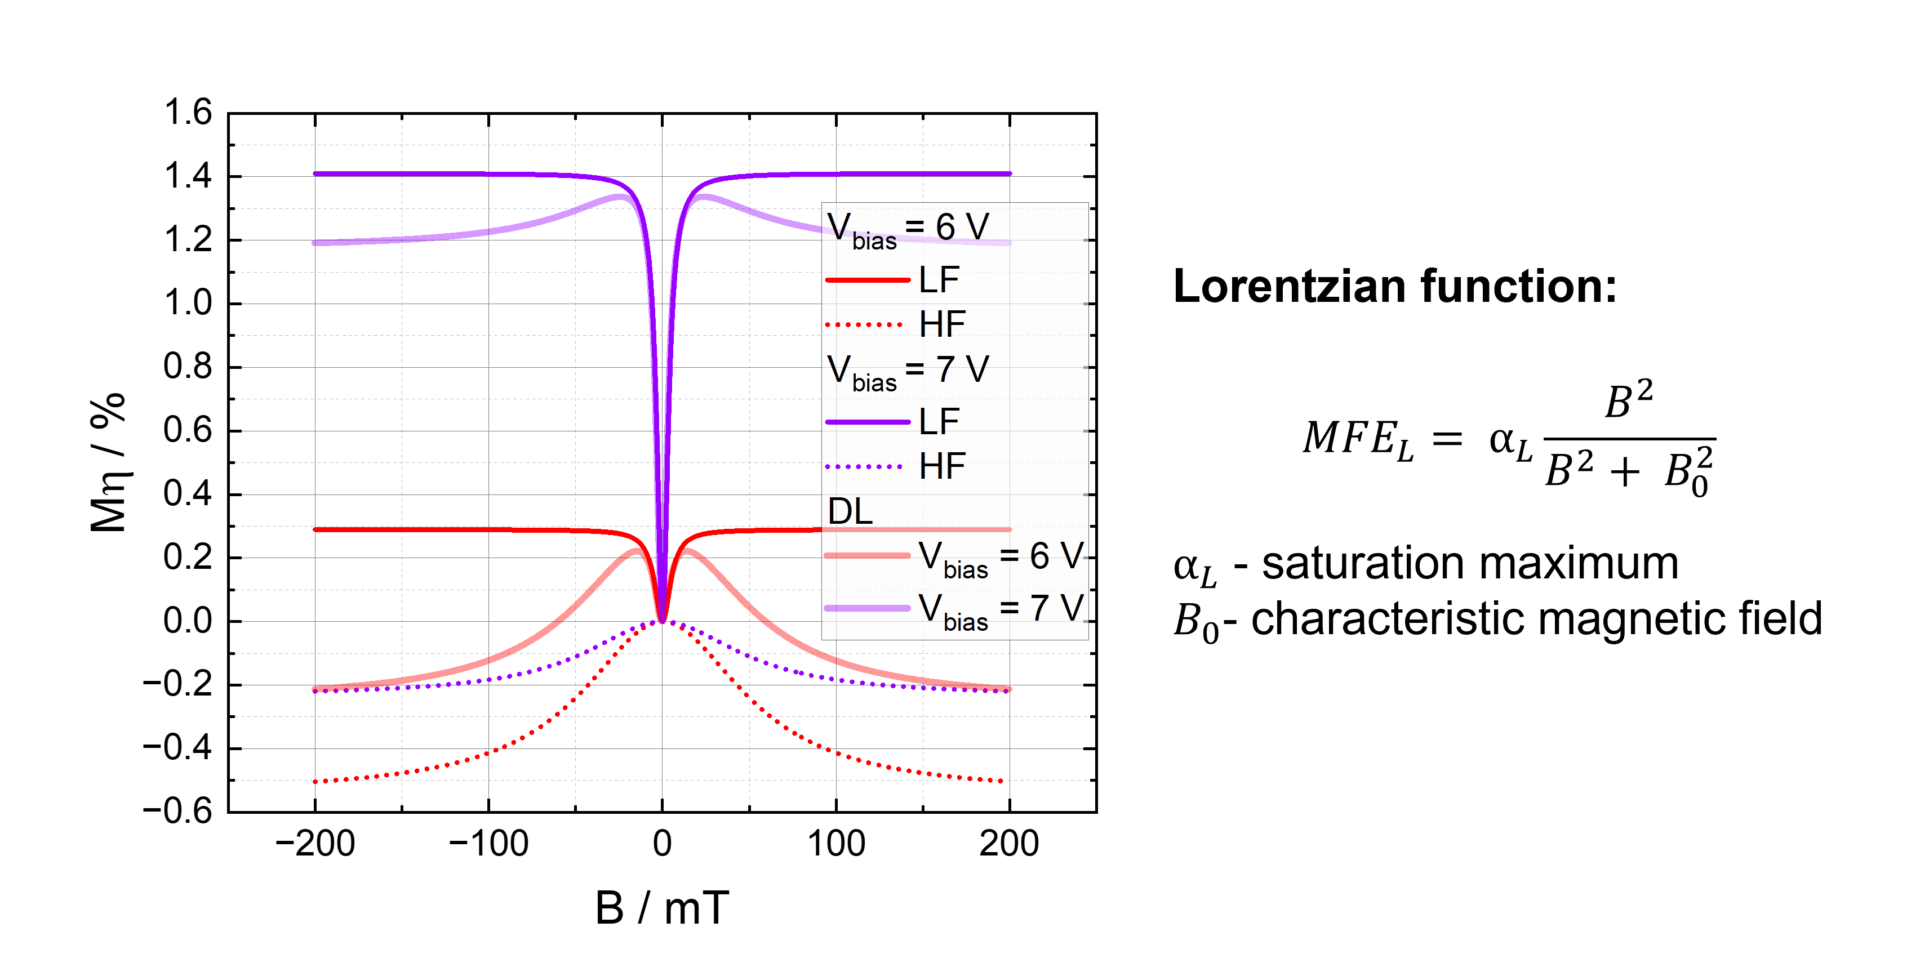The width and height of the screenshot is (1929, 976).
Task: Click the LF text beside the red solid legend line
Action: click(939, 280)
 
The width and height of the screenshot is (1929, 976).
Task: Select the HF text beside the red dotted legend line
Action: click(942, 325)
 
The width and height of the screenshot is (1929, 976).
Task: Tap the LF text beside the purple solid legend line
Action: click(939, 422)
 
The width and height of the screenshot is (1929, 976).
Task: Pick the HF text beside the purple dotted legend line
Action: click(942, 467)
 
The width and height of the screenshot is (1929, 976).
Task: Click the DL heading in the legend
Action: click(850, 512)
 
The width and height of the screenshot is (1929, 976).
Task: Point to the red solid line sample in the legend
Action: click(867, 280)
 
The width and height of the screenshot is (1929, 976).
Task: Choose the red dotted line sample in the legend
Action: click(864, 325)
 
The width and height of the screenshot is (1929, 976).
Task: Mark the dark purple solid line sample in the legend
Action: click(867, 422)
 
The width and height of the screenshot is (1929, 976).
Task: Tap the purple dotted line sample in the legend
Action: click(864, 467)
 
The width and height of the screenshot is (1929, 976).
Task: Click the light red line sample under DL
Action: click(867, 555)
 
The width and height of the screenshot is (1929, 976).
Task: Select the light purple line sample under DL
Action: click(867, 608)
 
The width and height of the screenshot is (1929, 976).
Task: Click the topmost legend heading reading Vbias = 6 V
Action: click(908, 228)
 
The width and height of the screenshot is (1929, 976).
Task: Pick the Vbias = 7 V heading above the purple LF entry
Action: click(908, 370)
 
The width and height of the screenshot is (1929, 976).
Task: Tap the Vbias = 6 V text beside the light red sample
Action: click(1001, 557)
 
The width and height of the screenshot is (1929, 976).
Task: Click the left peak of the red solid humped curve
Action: click(638, 551)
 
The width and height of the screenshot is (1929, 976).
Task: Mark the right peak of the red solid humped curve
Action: click(687, 551)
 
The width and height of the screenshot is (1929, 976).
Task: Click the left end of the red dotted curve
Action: click(316, 781)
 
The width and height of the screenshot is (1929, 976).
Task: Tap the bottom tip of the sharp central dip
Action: click(662, 620)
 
